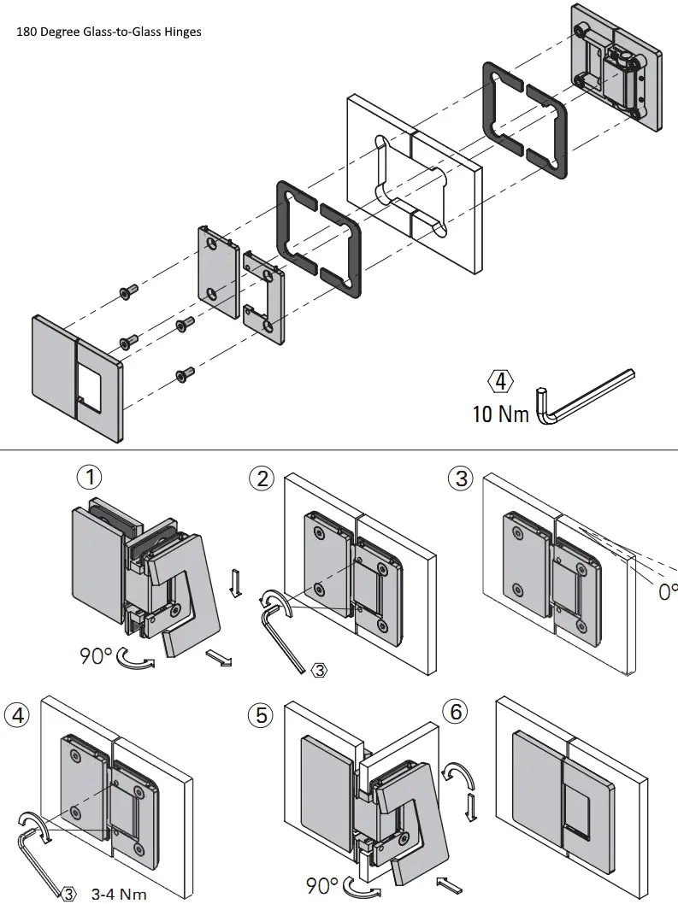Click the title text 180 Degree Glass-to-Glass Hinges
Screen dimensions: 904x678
point(109,32)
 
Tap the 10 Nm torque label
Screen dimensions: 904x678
point(501,414)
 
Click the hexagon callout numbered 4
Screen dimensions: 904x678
point(501,380)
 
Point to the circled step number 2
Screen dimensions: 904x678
point(261,478)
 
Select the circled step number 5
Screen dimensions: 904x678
point(261,714)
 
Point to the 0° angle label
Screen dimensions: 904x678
point(667,590)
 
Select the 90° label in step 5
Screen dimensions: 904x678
point(322,885)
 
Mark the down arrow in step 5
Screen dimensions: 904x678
point(469,806)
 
